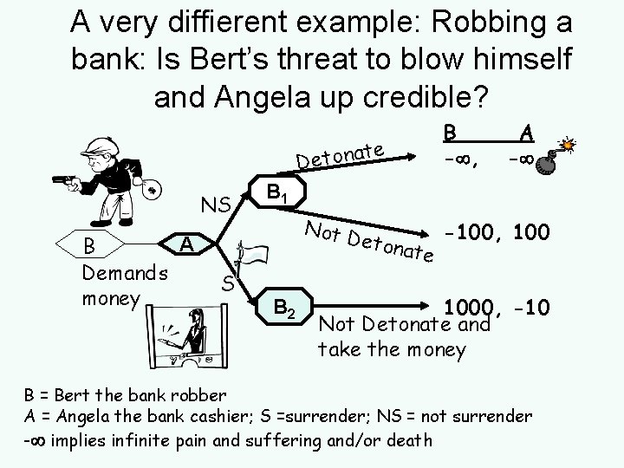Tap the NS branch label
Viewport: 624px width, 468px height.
click(215, 206)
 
